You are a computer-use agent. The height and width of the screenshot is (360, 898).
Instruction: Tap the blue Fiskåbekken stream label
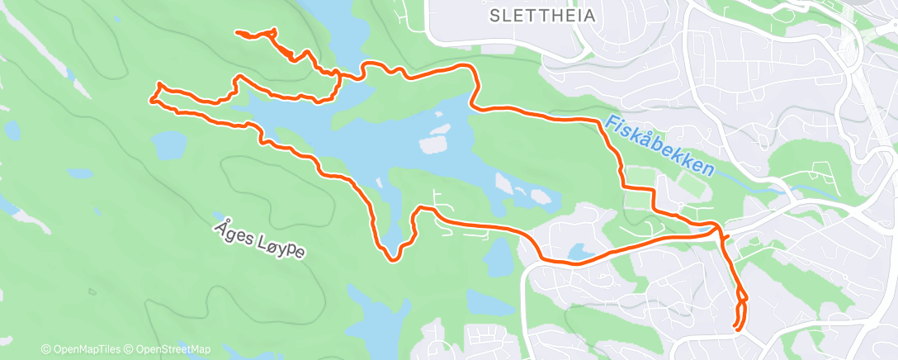click(658, 145)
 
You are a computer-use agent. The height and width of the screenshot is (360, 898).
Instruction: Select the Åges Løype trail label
click(258, 238)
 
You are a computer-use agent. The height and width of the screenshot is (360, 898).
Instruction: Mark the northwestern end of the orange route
click(238, 32)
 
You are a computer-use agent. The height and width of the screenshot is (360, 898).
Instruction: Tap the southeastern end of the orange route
click(735, 329)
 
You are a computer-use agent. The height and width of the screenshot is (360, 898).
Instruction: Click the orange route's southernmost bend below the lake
click(394, 259)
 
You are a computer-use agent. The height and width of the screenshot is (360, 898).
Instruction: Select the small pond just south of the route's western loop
click(169, 146)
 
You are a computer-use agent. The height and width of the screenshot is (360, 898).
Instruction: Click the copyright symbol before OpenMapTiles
click(46, 349)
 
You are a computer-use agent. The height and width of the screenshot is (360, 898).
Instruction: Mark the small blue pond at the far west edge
click(13, 129)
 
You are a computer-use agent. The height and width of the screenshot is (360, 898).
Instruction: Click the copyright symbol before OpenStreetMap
click(129, 349)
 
